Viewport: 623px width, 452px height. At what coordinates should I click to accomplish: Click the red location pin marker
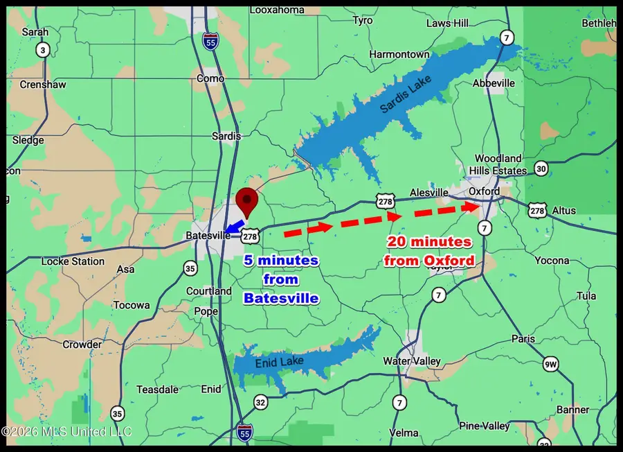pos(246,202)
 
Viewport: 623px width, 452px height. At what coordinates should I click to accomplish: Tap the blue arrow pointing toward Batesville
pos(233,226)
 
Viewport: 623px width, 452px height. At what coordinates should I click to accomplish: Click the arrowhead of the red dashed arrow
pos(473,207)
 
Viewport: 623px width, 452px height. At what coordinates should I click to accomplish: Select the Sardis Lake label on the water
pos(405,95)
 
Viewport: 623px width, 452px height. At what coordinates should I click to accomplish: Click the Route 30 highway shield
pos(541,168)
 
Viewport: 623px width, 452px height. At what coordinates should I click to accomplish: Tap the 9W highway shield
pos(550,363)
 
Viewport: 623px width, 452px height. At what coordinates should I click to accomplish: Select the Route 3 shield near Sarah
pos(43,50)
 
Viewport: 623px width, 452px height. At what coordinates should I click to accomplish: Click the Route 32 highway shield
pos(260,401)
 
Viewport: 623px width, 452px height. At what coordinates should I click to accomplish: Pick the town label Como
pos(210,78)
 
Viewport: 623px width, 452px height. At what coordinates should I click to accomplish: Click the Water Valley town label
pos(411,361)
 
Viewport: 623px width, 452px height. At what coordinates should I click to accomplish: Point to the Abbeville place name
pos(494,83)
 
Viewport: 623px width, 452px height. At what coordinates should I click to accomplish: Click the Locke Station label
pos(73,261)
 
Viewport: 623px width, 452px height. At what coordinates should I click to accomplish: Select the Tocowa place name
pos(132,305)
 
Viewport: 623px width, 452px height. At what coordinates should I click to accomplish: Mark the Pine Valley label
pos(485,426)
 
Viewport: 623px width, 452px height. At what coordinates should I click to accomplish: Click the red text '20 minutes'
pos(429,243)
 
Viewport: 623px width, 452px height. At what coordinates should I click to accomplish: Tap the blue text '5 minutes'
pos(280,261)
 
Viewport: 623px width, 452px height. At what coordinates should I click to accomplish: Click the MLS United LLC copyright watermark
pos(66,432)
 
